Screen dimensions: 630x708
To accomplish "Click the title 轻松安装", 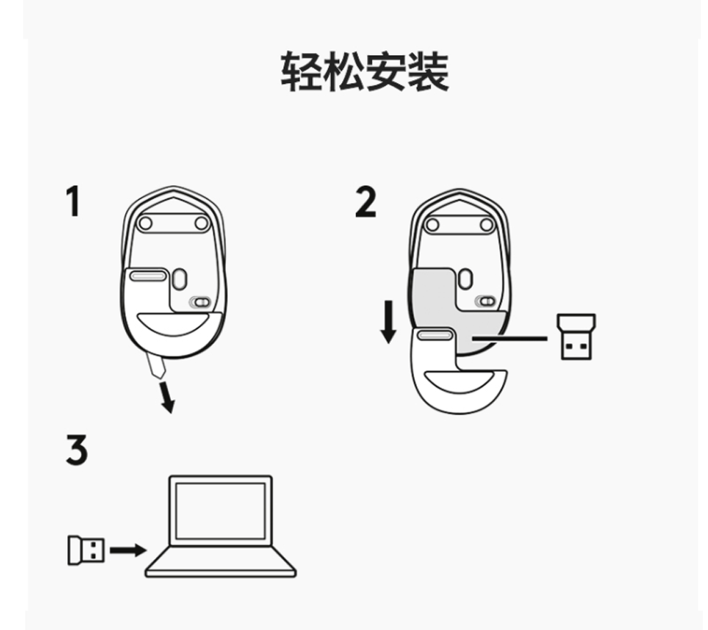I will (364, 72).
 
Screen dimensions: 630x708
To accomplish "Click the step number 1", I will (72, 202).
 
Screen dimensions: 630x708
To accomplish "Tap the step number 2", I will (365, 202).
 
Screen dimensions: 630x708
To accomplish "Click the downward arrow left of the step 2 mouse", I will (388, 321).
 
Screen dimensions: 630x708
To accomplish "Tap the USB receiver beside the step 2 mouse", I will (578, 335).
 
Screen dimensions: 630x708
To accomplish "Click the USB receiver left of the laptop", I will (85, 549).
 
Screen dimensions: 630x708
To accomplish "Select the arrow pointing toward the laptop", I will (128, 549).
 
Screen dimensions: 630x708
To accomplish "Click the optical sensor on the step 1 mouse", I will (180, 277).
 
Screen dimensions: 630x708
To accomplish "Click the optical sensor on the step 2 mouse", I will (466, 277).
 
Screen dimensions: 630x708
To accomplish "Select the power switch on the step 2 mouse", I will (488, 302).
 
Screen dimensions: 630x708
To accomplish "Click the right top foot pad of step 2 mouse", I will (486, 224).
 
